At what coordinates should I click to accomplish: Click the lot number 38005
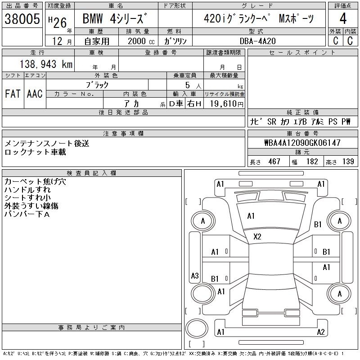tap(22, 19)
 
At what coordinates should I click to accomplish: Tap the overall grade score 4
tap(343, 18)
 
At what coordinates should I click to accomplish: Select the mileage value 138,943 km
tap(46, 64)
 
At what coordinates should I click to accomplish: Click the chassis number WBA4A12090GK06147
tap(302, 143)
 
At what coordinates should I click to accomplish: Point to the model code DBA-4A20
tap(257, 41)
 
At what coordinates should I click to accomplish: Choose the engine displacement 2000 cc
tap(141, 41)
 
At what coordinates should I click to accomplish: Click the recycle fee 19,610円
tap(226, 104)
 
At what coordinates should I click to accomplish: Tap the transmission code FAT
tap(13, 94)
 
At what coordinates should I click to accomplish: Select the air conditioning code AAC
tap(35, 94)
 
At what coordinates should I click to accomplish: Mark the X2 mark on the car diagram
tap(257, 237)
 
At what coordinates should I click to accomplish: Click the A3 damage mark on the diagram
tap(195, 275)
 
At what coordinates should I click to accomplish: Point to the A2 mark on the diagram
tap(321, 332)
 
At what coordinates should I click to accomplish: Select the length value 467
tap(274, 162)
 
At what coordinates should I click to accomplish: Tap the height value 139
tap(348, 162)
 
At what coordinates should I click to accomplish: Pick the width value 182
tap(312, 162)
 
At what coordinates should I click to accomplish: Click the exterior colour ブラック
tap(97, 85)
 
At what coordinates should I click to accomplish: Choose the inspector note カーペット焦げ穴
tap(35, 182)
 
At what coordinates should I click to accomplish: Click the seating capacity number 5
tap(188, 85)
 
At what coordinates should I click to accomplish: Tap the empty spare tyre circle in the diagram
tap(197, 328)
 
